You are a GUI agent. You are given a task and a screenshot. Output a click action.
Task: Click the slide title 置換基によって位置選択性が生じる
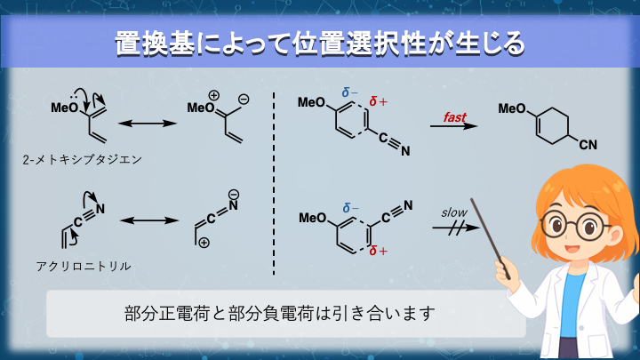coord(319,42)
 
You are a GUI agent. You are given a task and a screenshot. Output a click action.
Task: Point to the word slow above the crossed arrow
coord(453,213)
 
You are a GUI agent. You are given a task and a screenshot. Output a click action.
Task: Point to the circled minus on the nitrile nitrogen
coord(234,193)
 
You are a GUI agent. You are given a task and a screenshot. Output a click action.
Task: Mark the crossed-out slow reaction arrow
coord(454,228)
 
